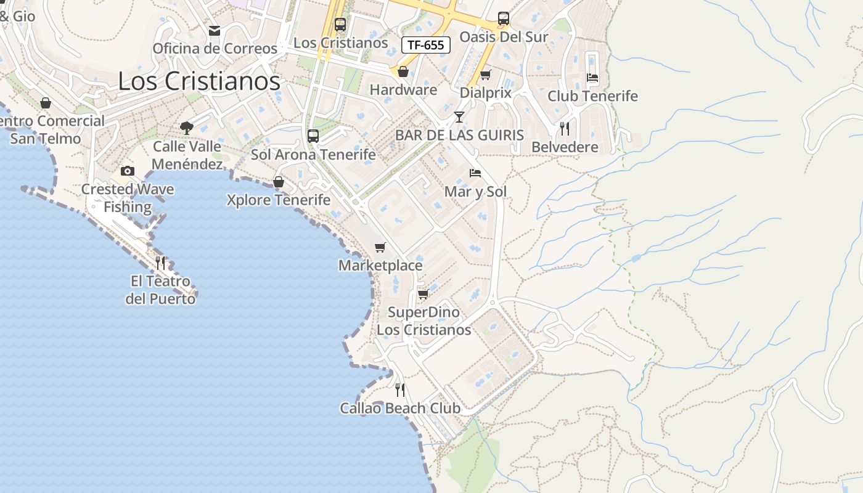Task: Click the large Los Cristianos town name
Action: click(x=198, y=81)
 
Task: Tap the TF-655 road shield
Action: click(x=426, y=44)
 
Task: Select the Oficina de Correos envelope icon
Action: click(x=215, y=30)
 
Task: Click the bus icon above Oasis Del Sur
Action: click(x=504, y=18)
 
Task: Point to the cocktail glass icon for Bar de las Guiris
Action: click(x=459, y=116)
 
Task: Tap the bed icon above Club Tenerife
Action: click(x=592, y=78)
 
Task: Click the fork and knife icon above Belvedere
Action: click(x=564, y=128)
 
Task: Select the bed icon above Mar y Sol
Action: click(x=475, y=173)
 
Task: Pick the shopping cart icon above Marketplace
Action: click(x=380, y=247)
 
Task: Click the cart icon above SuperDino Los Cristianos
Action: click(x=423, y=294)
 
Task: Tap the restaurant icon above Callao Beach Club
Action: click(x=400, y=389)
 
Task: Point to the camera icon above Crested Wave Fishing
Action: click(x=128, y=171)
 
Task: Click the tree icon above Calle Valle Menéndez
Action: click(x=187, y=128)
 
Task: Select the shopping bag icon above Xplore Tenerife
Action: click(x=279, y=182)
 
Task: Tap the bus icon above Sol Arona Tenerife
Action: click(x=313, y=136)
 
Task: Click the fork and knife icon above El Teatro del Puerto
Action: click(x=160, y=263)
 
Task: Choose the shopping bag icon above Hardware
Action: click(x=403, y=71)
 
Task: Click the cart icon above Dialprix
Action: click(x=486, y=75)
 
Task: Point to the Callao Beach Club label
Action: click(x=400, y=408)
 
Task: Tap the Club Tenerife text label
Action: click(x=592, y=96)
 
